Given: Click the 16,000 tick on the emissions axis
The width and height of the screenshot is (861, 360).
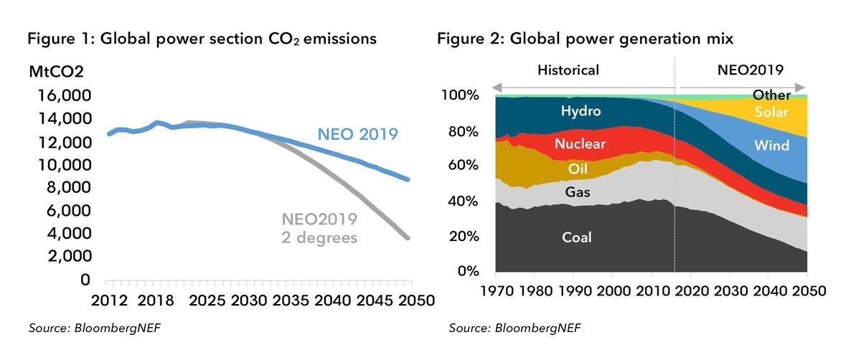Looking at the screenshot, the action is click(x=65, y=95).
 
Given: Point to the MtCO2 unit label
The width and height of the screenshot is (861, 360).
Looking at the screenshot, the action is click(x=56, y=72).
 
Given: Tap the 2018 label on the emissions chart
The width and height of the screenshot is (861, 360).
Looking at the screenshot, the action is click(x=156, y=300).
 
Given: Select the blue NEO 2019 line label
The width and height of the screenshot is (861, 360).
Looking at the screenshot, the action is click(x=358, y=134).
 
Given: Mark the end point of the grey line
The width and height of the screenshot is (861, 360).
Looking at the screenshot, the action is click(x=408, y=238).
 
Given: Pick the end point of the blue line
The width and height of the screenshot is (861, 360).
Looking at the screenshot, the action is click(x=408, y=179).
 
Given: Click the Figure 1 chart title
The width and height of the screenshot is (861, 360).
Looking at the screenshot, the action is click(x=202, y=39).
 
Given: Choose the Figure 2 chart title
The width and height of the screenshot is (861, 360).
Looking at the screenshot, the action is click(x=585, y=39).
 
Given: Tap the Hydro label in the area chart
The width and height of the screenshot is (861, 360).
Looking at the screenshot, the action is click(x=580, y=111).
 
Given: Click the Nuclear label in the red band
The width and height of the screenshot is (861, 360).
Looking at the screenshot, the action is click(x=580, y=143).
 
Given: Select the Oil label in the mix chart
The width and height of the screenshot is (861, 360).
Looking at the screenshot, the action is click(x=578, y=169).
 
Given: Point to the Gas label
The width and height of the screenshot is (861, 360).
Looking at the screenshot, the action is click(x=578, y=192).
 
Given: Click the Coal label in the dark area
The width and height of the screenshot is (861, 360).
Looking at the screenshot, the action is click(x=577, y=237).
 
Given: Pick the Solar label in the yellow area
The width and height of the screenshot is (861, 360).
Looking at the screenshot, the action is click(x=771, y=112).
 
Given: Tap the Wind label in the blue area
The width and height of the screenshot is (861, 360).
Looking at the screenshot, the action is click(x=771, y=146).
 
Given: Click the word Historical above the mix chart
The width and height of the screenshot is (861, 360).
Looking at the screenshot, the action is click(x=568, y=70).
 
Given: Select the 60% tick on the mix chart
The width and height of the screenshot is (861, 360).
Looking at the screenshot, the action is click(x=463, y=165).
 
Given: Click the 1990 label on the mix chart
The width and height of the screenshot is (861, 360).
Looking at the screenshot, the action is click(x=575, y=291).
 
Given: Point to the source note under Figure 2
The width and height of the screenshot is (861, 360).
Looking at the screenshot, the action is click(x=514, y=328).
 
